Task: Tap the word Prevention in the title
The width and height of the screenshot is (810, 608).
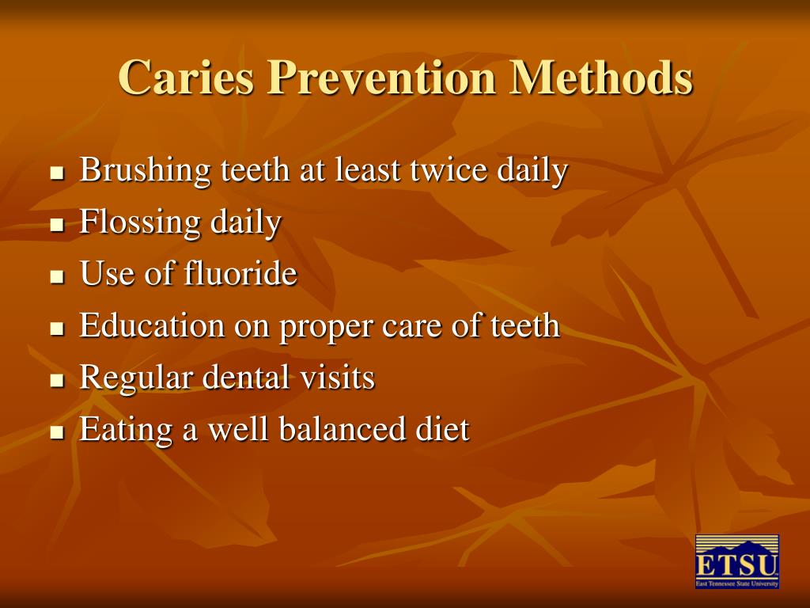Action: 383,78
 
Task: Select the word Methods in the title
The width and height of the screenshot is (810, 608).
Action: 602,78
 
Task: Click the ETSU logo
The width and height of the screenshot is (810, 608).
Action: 737,561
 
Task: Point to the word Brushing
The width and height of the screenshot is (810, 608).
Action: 146,171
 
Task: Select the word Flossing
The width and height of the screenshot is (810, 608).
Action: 139,223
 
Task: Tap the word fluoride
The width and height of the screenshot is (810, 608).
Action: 240,274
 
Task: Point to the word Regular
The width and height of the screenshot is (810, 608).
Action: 135,378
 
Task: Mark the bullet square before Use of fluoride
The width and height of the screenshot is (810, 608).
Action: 56,277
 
